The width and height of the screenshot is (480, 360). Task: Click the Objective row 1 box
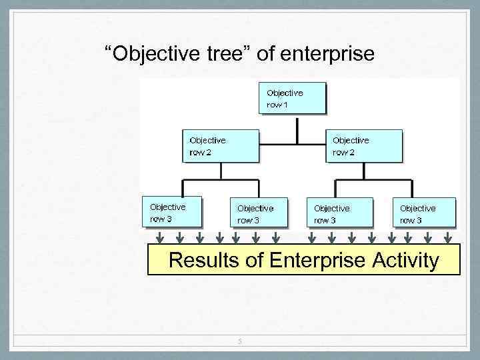coord(292,98)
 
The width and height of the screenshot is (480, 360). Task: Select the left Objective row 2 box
coord(220,145)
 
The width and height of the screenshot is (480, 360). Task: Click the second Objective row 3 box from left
coord(260,213)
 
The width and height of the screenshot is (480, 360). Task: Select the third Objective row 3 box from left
coord(337,213)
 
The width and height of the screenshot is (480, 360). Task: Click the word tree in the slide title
coord(226,53)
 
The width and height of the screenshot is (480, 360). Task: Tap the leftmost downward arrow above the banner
coord(160,237)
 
